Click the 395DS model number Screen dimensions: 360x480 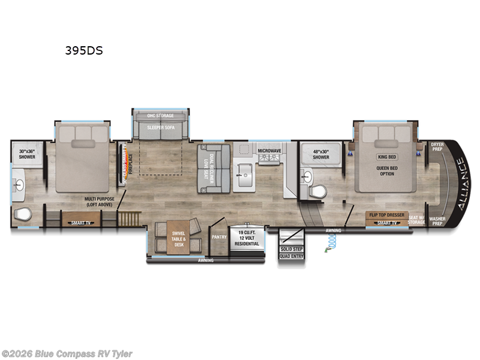(84, 51)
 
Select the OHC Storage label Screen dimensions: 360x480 (161, 115)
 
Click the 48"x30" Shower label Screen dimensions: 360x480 (320, 154)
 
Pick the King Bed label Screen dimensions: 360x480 (387, 157)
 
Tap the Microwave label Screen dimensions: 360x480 (269, 151)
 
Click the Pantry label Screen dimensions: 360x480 (218, 236)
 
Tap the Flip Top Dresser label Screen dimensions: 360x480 (387, 214)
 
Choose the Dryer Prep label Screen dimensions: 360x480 (437, 147)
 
